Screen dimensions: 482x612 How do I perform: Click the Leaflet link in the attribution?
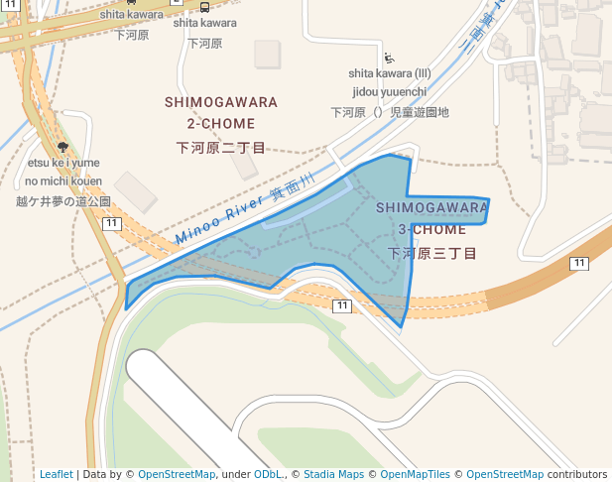point(56,474)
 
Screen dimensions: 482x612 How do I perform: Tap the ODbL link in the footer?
point(267,474)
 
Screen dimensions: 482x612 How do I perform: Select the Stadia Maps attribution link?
point(332,474)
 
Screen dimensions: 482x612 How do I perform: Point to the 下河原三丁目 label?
point(431,254)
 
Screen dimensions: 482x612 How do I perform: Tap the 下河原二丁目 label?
point(221,148)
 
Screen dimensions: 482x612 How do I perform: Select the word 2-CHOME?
point(221,124)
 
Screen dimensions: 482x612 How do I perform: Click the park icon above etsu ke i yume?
point(63,147)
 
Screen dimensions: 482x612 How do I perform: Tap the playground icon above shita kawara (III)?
point(389,58)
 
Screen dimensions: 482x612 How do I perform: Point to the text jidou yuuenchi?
point(389,91)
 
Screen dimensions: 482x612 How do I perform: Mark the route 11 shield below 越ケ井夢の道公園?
point(112,224)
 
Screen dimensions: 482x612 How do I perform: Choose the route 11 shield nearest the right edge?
point(578,262)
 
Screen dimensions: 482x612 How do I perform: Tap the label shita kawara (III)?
point(389,73)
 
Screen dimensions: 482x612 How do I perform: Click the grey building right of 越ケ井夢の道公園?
point(135,190)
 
